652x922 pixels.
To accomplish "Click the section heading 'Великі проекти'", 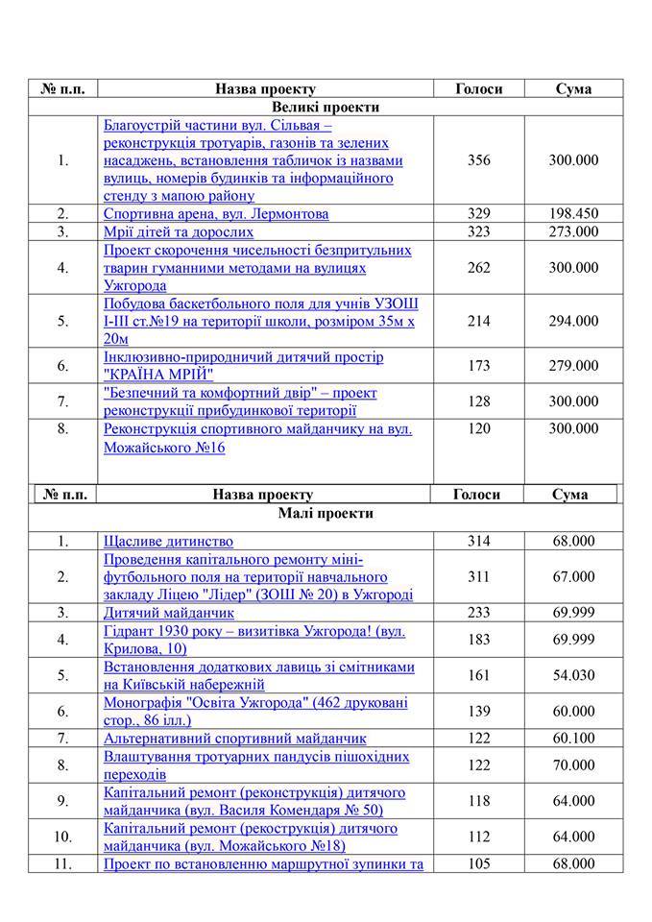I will (x=326, y=107).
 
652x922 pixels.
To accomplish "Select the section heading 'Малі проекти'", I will (x=326, y=513).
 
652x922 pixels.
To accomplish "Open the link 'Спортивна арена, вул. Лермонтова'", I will (x=216, y=213).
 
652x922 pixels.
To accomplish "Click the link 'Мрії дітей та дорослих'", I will (x=179, y=231).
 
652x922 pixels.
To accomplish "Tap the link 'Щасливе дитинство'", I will (x=168, y=542).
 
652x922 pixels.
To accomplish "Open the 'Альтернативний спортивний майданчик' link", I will (x=234, y=739).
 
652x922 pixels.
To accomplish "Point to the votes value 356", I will (x=478, y=160).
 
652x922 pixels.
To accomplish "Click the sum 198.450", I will (x=573, y=213).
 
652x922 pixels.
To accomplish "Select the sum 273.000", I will (x=573, y=231).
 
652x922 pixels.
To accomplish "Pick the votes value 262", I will (x=478, y=268).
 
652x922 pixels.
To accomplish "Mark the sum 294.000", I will (x=573, y=322).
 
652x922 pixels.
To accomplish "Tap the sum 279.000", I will (x=573, y=366).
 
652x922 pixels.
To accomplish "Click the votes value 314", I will (x=478, y=542).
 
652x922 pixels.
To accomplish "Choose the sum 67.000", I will (x=573, y=577).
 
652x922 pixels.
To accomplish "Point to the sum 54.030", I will (x=573, y=675).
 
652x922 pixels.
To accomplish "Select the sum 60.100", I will (x=573, y=739).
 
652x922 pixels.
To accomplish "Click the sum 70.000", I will (x=573, y=765).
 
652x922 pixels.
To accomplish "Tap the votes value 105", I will (x=478, y=864).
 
